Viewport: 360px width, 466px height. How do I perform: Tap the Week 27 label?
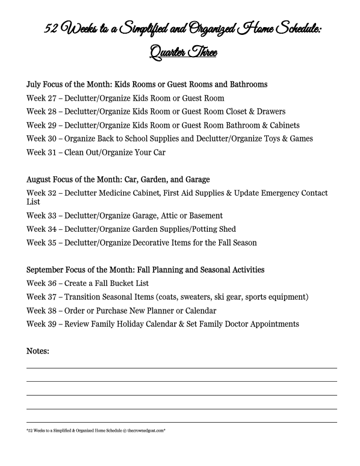[41, 98]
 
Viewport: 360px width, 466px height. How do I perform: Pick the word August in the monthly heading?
[40, 179]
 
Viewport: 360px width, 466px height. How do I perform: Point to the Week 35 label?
[41, 243]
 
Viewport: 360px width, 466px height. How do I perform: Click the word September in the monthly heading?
[47, 270]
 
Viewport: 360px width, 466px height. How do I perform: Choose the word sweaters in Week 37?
[200, 297]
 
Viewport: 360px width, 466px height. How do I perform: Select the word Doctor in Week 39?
[226, 325]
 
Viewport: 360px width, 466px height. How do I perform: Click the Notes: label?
[37, 350]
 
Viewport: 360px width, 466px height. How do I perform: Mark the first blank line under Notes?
[181, 367]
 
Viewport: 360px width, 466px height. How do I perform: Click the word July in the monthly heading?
[34, 85]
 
